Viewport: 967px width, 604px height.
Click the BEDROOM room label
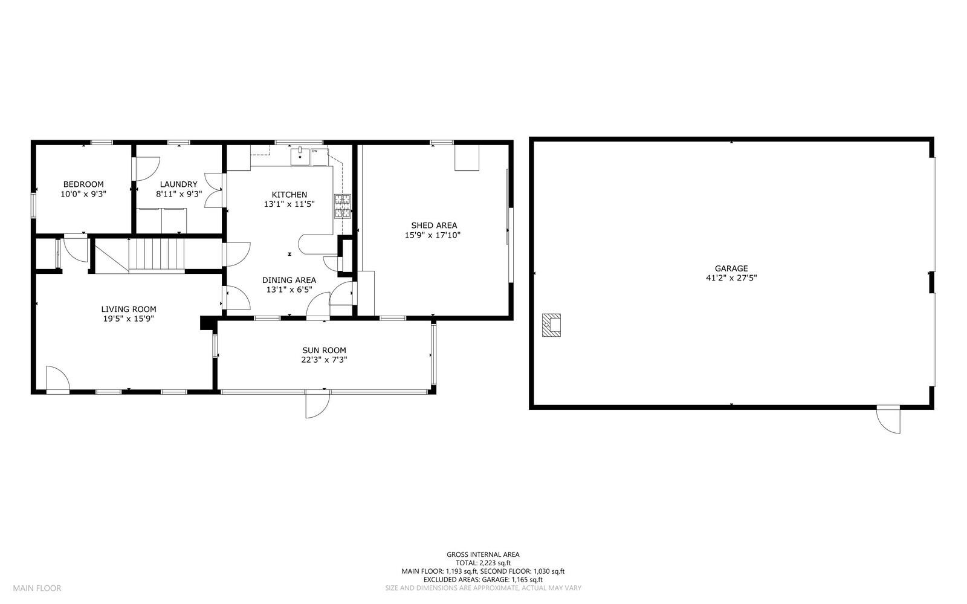[83, 184]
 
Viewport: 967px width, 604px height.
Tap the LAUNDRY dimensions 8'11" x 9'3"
[178, 195]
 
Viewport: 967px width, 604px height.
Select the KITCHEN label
[289, 195]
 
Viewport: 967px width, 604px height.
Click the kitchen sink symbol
[300, 157]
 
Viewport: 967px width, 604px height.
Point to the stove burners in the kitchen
[343, 206]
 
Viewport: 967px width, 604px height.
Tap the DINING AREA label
[289, 280]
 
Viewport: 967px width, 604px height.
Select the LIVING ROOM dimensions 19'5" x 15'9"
[129, 319]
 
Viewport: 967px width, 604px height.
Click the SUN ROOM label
[324, 350]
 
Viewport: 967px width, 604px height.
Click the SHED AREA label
[434, 226]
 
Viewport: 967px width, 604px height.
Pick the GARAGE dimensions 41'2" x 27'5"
[731, 278]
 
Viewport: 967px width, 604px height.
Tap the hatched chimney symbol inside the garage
[551, 325]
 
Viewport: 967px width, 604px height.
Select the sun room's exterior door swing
[317, 404]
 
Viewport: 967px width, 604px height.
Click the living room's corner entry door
[57, 379]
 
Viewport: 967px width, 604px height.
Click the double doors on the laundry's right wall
[213, 191]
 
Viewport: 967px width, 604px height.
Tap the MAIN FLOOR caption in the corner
[37, 588]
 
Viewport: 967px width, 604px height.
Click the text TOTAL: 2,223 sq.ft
[482, 562]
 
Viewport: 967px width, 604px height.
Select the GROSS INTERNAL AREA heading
[482, 554]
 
